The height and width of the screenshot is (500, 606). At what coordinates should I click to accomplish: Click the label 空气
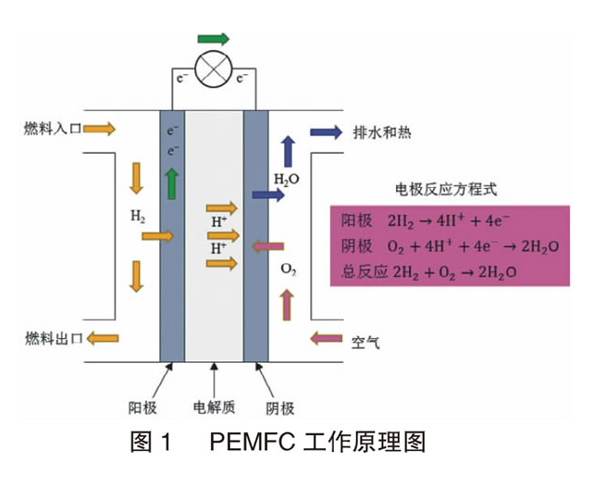(x=365, y=342)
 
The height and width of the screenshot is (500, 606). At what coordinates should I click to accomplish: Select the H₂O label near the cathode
(x=287, y=177)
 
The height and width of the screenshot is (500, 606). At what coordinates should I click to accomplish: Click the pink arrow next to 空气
(x=327, y=339)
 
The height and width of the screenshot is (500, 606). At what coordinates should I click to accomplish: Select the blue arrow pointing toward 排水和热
(x=327, y=131)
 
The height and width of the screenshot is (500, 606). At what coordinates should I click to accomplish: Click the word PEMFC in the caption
(x=251, y=442)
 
